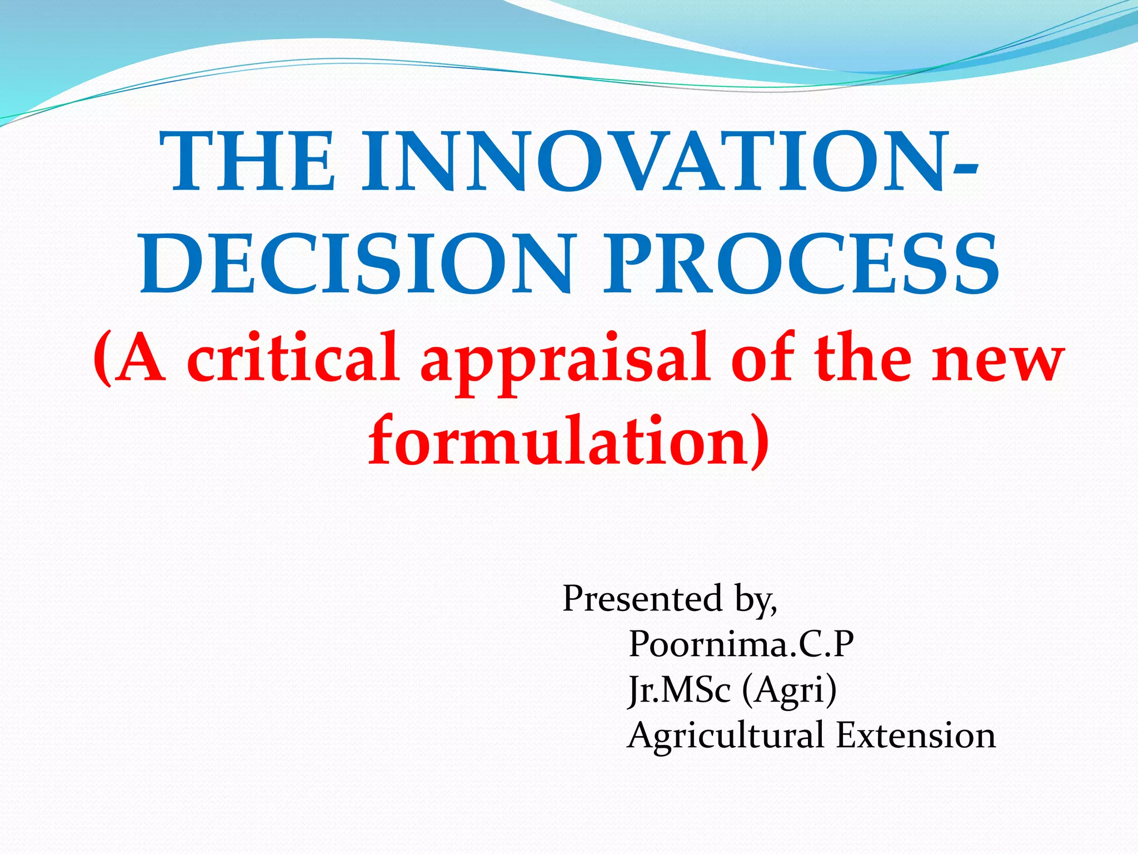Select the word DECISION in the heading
[x=356, y=264]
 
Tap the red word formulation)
[x=569, y=442]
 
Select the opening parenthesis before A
[x=102, y=359]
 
